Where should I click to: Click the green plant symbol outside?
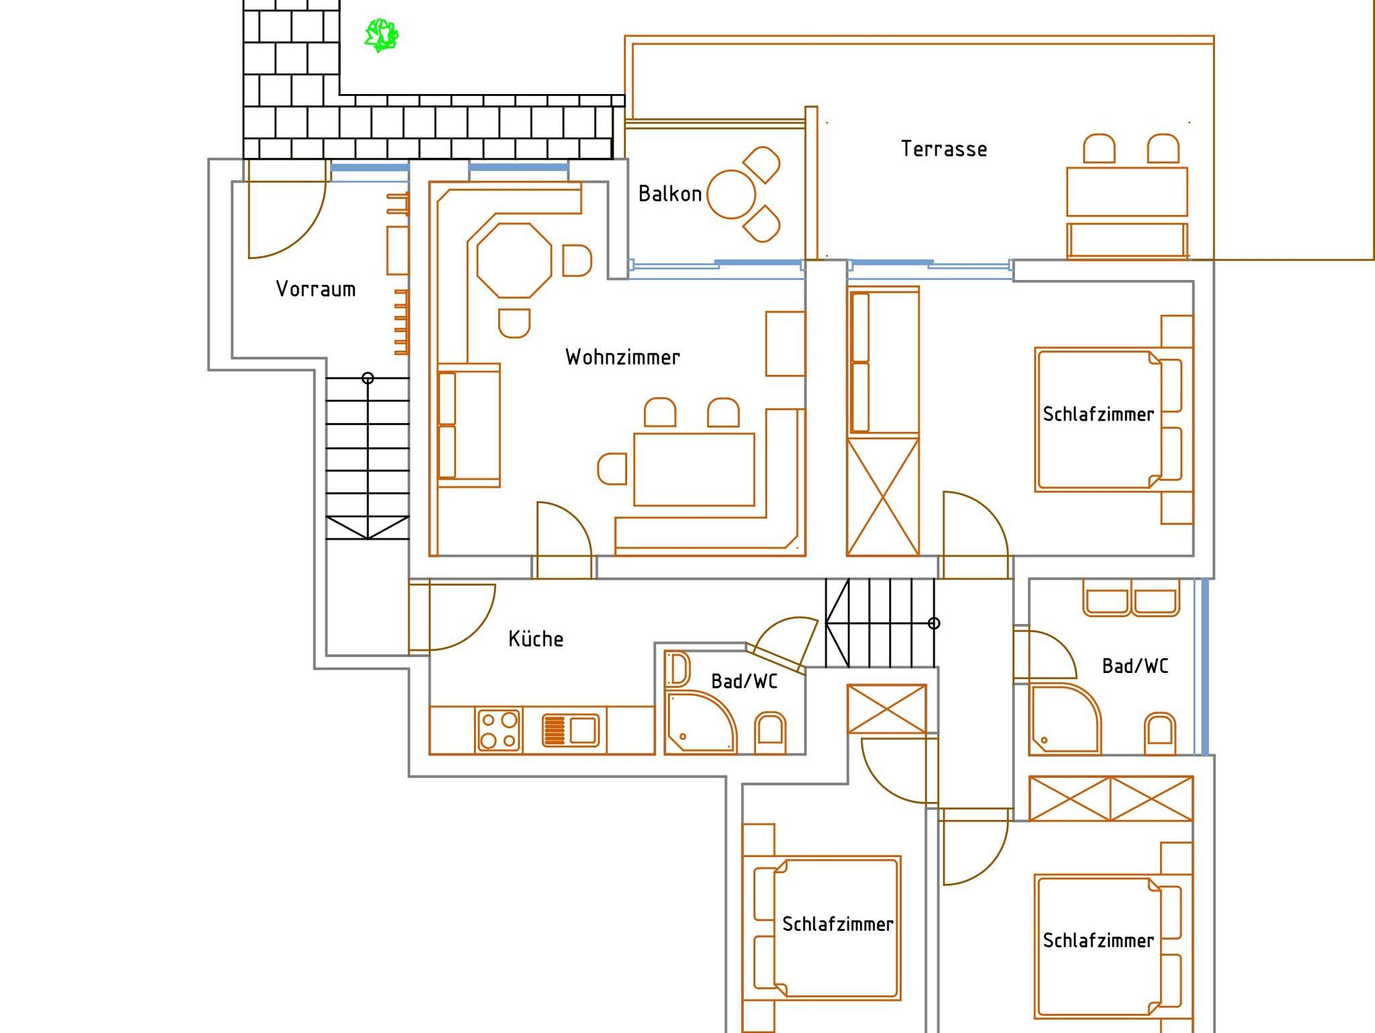(381, 35)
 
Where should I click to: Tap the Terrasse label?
(943, 149)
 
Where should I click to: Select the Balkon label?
(669, 194)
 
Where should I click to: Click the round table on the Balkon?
(731, 194)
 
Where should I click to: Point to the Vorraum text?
(316, 289)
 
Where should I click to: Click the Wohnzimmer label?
(622, 357)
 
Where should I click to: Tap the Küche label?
(536, 639)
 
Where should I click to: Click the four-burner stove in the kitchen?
(499, 729)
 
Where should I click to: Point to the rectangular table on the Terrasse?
(1127, 191)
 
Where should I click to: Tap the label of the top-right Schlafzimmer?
(1098, 414)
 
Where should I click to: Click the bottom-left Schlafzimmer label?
(837, 924)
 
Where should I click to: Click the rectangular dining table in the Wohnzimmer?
(694, 469)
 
